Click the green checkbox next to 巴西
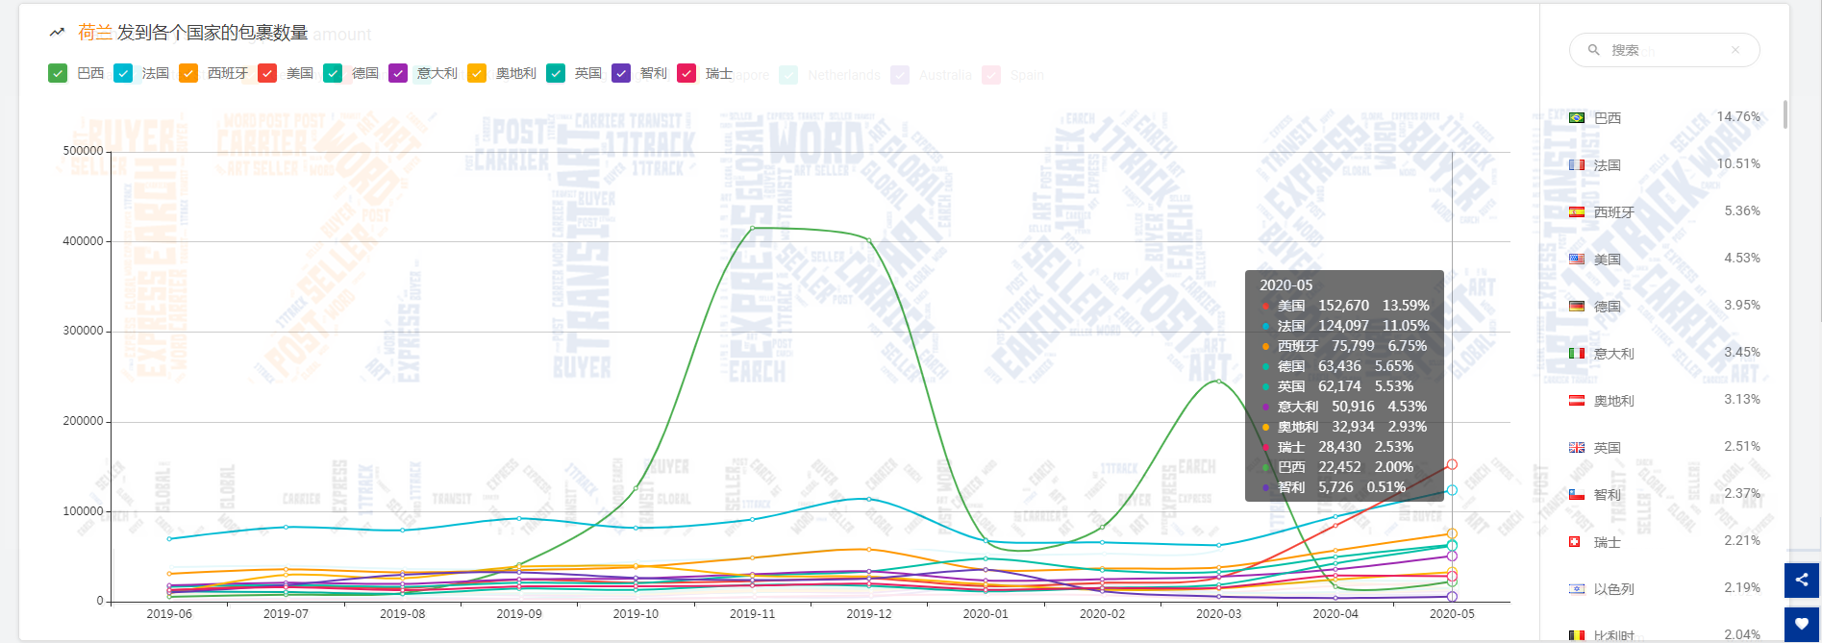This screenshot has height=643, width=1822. pyautogui.click(x=58, y=73)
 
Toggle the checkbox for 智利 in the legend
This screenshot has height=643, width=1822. pyautogui.click(x=621, y=73)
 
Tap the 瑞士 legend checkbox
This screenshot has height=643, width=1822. pyautogui.click(x=686, y=73)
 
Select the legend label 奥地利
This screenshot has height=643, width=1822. pyautogui.click(x=515, y=73)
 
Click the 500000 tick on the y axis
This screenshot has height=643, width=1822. pyautogui.click(x=83, y=151)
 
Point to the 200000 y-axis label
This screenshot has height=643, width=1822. pyautogui.click(x=83, y=421)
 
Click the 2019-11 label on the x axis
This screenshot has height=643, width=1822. pyautogui.click(x=752, y=613)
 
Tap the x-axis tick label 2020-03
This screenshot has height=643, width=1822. pyautogui.click(x=1218, y=613)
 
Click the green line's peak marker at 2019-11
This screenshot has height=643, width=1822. pyautogui.click(x=752, y=228)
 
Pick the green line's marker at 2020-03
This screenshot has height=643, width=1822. pyautogui.click(x=1218, y=382)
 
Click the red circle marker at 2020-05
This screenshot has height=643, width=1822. pyautogui.click(x=1452, y=464)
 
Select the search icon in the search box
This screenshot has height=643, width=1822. pyautogui.click(x=1593, y=50)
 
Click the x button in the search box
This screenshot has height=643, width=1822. pyautogui.click(x=1735, y=50)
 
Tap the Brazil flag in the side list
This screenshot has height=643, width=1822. pyautogui.click(x=1577, y=118)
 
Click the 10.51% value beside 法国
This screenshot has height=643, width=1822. pyautogui.click(x=1738, y=163)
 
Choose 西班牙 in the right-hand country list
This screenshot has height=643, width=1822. pyautogui.click(x=1613, y=212)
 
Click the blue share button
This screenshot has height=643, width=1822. pyautogui.click(x=1802, y=580)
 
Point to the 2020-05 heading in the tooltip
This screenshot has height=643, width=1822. pyautogui.click(x=1285, y=285)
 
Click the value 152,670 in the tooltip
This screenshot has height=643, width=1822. pyautogui.click(x=1343, y=306)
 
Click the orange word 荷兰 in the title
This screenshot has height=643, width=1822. pyautogui.click(x=95, y=33)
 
